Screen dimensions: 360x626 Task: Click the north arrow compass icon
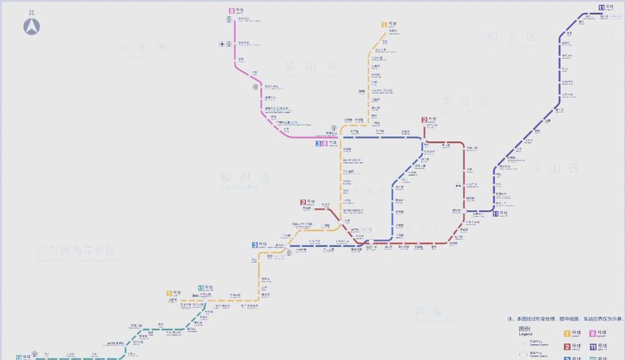(32, 27)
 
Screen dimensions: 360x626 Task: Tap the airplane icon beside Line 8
(222, 44)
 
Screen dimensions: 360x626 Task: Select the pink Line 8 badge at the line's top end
(232, 12)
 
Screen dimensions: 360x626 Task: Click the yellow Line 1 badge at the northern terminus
(385, 24)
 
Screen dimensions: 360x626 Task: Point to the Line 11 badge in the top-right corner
(602, 8)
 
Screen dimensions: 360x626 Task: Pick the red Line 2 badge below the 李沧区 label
(425, 120)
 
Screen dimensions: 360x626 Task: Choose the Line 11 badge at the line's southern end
(495, 214)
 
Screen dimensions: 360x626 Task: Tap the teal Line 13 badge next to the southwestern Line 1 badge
(201, 288)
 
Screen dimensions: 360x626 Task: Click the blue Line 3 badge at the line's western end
(255, 245)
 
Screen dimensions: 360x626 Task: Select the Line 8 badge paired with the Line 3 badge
(325, 143)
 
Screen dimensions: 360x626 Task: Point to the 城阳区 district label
(311, 66)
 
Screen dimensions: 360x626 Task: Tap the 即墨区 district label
(511, 37)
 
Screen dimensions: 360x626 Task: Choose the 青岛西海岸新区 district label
(76, 251)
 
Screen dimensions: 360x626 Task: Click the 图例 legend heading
(525, 328)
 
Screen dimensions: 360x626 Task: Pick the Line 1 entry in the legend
(567, 333)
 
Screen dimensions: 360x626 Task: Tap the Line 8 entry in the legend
(593, 333)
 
